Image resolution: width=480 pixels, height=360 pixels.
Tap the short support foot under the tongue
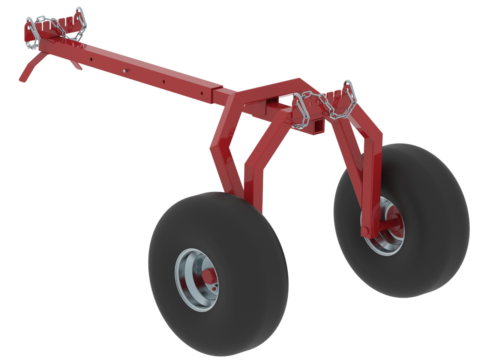[77, 65]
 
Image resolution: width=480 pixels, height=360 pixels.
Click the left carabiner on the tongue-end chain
[31, 32]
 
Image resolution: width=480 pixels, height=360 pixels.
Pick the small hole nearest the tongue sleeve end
[201, 93]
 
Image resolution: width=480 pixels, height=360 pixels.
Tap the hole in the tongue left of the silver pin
[91, 59]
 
